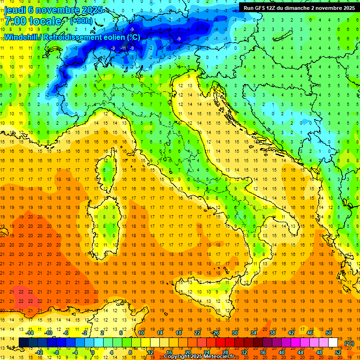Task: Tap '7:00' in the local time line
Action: pyautogui.click(x=15, y=21)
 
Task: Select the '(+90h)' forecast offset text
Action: pyautogui.click(x=81, y=21)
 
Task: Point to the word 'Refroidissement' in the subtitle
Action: pyautogui.click(x=75, y=37)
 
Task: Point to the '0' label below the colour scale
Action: pyautogui.click(x=93, y=352)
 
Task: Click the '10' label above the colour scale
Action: pyautogui.click(x=141, y=333)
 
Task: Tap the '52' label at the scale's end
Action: pyautogui.click(x=338, y=352)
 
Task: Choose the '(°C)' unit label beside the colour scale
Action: pyautogui.click(x=349, y=343)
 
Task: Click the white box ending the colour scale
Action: pyautogui.click(x=333, y=343)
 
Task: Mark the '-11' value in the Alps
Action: pyautogui.click(x=123, y=48)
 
